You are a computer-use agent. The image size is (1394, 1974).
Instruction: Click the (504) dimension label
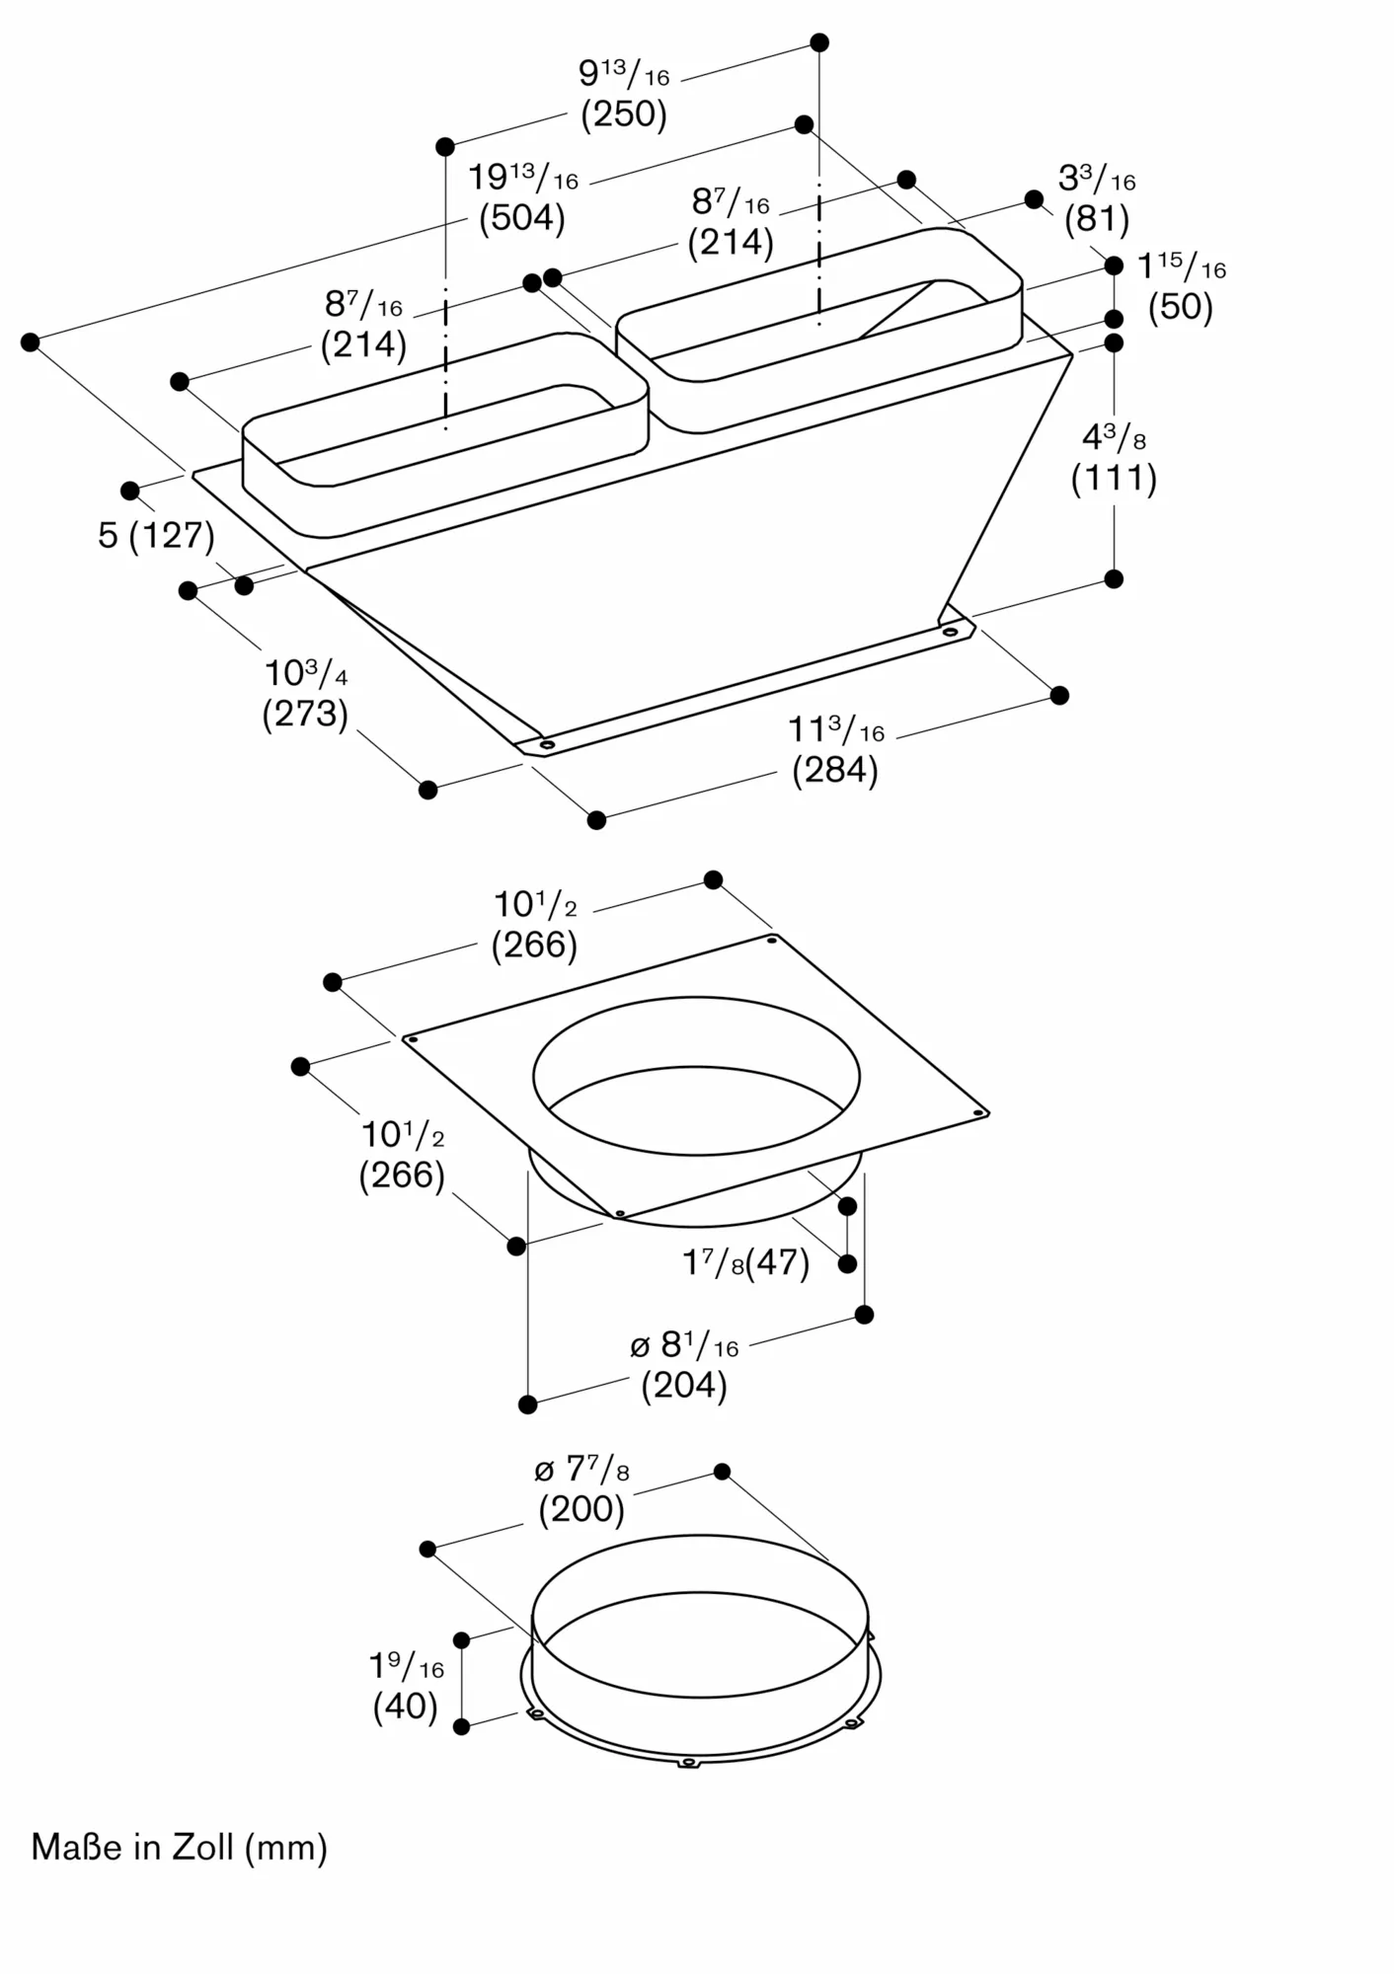(522, 218)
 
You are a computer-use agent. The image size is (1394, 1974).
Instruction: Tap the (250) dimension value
(624, 114)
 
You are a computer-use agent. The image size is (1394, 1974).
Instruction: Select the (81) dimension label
(1097, 219)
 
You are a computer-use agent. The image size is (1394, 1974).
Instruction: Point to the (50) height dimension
(1181, 307)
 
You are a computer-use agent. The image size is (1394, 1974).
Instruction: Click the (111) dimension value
(1114, 479)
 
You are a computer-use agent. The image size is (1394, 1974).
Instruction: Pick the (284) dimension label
(835, 770)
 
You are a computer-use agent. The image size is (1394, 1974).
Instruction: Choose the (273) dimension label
(305, 714)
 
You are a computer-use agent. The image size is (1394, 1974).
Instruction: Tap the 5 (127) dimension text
(157, 536)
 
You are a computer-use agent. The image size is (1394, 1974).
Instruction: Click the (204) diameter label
(684, 1387)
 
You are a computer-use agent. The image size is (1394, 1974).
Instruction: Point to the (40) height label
(406, 1707)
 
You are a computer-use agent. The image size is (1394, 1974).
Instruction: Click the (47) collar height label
(777, 1262)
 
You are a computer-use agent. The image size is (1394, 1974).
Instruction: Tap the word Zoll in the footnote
(203, 1847)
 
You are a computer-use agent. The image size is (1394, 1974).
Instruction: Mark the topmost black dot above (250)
(819, 42)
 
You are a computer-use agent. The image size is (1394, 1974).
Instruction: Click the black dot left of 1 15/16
(1114, 266)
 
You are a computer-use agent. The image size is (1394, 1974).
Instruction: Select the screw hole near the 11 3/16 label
(950, 631)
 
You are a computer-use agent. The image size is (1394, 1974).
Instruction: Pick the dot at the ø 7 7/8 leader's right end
(722, 1472)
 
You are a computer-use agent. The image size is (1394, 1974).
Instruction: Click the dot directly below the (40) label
(461, 1754)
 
